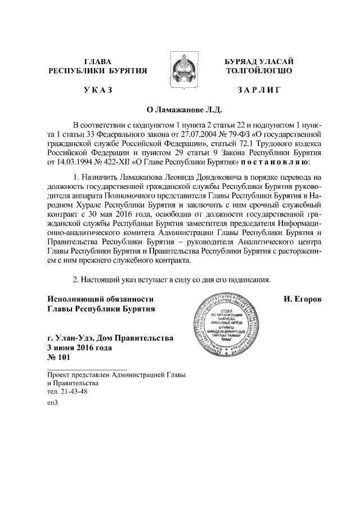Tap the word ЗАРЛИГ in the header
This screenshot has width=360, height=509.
[259, 89]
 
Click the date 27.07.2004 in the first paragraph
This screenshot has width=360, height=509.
[206, 134]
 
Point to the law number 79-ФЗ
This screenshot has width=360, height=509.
[239, 134]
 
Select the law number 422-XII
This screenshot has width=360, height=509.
[118, 163]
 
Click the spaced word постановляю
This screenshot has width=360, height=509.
[274, 163]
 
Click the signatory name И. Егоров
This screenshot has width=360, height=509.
[303, 299]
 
